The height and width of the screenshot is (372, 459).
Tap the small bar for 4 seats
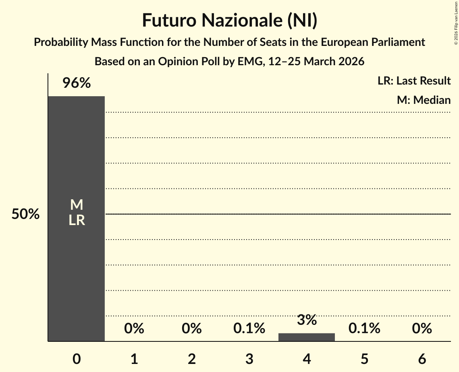point(307,337)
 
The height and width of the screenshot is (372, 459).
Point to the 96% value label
point(76,83)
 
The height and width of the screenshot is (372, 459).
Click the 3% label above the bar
point(307,320)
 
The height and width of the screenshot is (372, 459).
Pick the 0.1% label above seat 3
point(249,329)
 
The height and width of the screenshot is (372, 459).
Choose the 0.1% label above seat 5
point(364,329)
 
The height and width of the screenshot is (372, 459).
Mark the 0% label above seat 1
point(134,329)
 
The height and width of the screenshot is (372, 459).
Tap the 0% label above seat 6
point(422,329)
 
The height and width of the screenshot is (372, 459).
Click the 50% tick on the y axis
point(25,214)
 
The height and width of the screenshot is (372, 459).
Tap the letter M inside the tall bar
point(76,205)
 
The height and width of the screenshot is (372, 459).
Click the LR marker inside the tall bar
point(76,220)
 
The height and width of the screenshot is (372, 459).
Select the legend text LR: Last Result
point(414,81)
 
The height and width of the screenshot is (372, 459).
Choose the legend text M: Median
point(424,100)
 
